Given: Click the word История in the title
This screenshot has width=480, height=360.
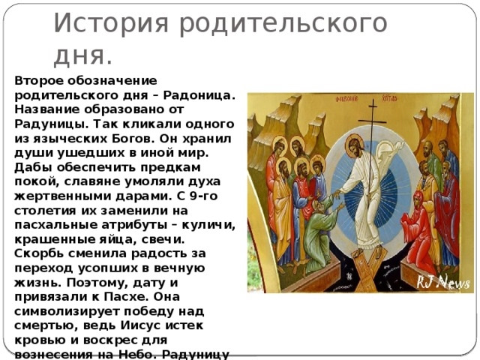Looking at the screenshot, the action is (x=111, y=22).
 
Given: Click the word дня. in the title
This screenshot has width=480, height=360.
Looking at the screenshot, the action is (x=83, y=57).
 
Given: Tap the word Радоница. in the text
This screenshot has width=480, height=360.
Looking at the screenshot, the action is (x=199, y=95).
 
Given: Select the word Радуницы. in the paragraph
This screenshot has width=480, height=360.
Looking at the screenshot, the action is (x=52, y=124).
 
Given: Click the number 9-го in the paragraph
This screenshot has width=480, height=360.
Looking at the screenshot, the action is (x=203, y=196).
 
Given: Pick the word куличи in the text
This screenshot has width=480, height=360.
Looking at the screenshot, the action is (x=208, y=225).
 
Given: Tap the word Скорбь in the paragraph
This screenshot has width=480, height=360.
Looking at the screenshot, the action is (x=39, y=253).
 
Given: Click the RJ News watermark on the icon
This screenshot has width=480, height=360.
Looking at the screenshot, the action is (x=442, y=282).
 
